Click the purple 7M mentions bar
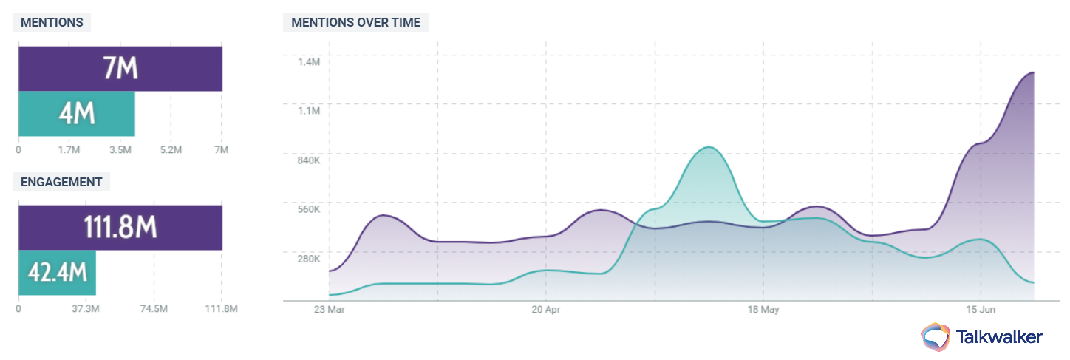pos(120,69)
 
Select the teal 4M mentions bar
pos(76,114)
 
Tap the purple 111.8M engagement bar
pos(120,228)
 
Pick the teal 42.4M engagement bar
pos(57,273)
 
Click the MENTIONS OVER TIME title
pos(355,22)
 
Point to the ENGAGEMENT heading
pos(61,182)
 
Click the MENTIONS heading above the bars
pos(52,22)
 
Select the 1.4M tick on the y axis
pos(310,62)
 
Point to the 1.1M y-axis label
pos(310,111)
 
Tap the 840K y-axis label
pos(308,160)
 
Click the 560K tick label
pos(308,209)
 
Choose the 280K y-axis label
pos(308,259)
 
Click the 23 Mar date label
pos(330,309)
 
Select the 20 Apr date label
pos(547,309)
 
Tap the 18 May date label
pos(764,309)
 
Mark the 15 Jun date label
pos(981,309)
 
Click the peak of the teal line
pos(709,147)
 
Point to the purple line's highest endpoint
pos(1033,72)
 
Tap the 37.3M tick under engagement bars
pos(86,309)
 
